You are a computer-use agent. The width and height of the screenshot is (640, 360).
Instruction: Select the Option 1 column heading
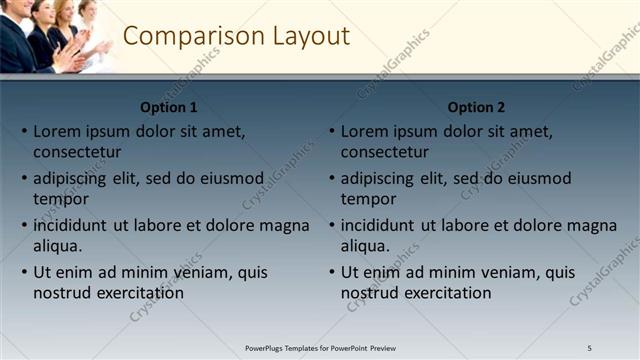169,107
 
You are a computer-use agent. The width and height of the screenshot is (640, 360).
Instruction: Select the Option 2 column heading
477,107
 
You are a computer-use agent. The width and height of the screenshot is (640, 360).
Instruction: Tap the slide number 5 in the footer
589,347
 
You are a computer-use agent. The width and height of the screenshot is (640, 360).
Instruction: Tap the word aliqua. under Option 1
58,246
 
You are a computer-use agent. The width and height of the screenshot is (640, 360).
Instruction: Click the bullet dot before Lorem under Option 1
24,131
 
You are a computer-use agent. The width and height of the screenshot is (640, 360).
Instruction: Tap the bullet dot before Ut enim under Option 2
332,272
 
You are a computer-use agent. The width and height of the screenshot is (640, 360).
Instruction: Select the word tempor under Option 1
61,199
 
